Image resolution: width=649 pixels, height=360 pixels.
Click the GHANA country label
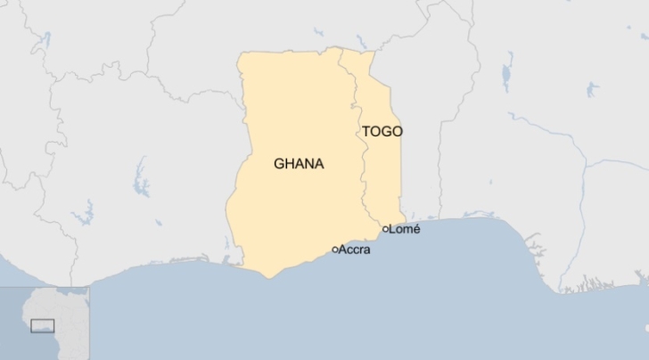[299, 164]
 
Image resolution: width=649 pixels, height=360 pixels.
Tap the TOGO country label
[382, 131]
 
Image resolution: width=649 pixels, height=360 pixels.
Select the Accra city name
[355, 250]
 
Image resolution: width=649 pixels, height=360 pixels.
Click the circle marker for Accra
[334, 250]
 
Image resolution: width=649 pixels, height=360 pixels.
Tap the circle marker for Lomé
[385, 229]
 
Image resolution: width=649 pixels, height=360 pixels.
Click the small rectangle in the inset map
[42, 325]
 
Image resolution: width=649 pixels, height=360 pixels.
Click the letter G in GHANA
[279, 164]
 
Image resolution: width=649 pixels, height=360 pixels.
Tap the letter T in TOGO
[366, 131]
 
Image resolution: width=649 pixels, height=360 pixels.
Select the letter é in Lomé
[415, 229]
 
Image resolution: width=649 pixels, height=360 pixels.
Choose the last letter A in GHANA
[319, 164]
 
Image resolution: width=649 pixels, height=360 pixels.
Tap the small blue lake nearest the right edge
[592, 88]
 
